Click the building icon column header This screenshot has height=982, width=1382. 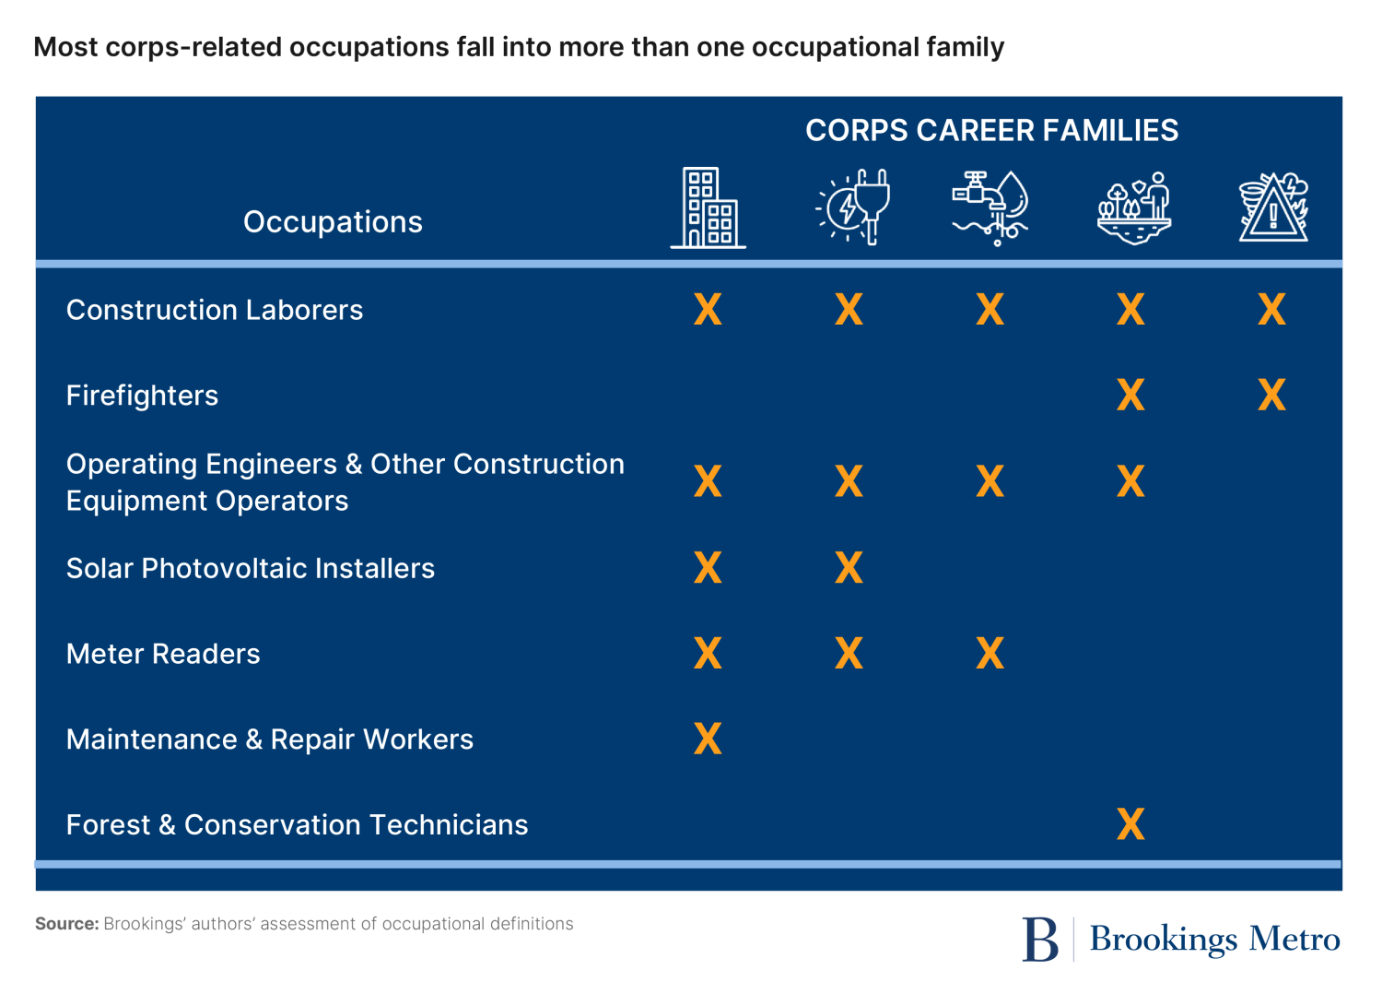point(708,208)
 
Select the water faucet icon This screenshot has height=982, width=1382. point(990,207)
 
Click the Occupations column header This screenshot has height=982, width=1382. point(333,222)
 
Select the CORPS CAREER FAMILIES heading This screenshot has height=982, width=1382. point(991,131)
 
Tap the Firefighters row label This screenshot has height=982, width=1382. point(142,396)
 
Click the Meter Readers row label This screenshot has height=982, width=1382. point(163,654)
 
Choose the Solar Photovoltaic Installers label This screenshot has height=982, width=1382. point(250,568)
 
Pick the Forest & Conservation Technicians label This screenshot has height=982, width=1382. point(297,824)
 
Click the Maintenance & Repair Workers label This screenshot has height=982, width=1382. point(269,739)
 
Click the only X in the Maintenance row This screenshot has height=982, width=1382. point(708,739)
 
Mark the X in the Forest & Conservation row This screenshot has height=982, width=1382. point(1130,824)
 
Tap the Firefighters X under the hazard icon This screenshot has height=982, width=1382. point(1271,396)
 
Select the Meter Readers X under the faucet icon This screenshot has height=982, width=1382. point(990,654)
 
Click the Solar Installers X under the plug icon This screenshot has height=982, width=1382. point(849,568)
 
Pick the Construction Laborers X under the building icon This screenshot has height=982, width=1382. point(708,310)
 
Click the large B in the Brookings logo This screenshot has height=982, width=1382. point(1040,940)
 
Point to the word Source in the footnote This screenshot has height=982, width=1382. point(66,924)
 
